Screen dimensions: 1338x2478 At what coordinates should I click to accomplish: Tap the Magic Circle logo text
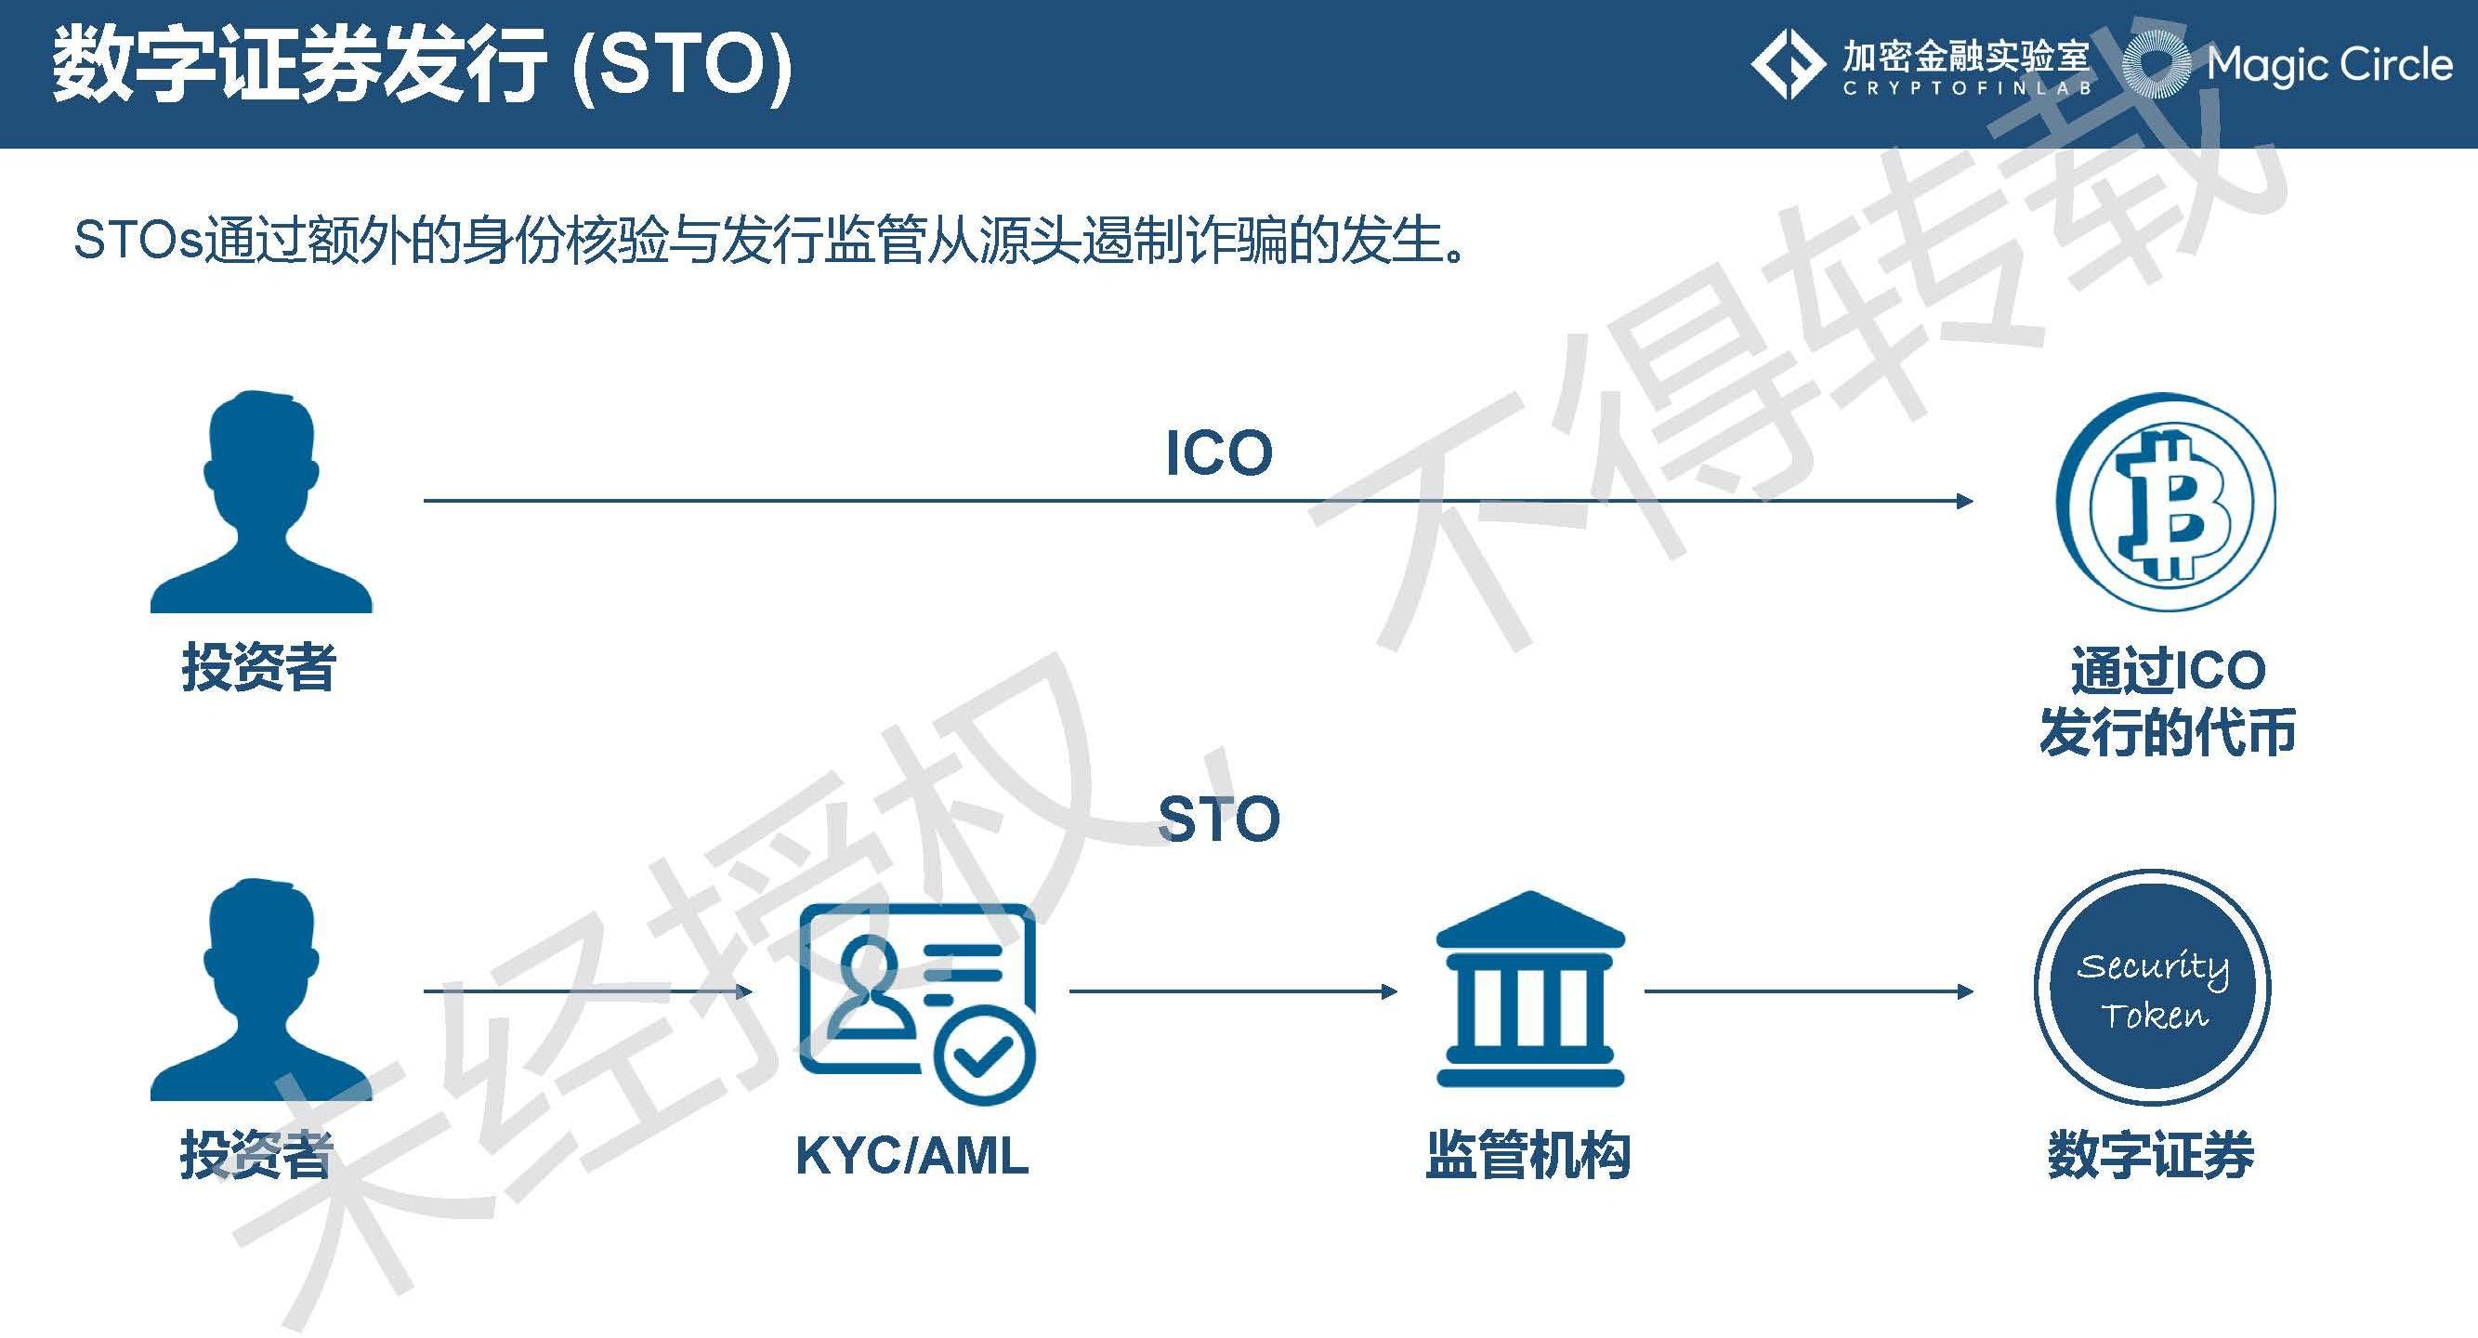pyautogui.click(x=2327, y=65)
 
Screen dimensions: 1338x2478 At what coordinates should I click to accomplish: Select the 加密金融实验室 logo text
pyautogui.click(x=1966, y=58)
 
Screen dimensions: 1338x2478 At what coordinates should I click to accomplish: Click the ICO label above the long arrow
pyautogui.click(x=1218, y=453)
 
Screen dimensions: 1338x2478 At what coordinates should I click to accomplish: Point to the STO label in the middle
pyautogui.click(x=1218, y=820)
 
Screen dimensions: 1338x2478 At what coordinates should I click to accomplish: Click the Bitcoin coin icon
pyautogui.click(x=2167, y=502)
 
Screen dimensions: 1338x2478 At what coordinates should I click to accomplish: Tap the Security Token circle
pyautogui.click(x=2153, y=989)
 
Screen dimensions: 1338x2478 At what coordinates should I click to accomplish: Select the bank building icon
pyautogui.click(x=1529, y=990)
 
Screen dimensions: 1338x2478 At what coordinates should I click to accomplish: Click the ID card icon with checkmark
pyautogui.click(x=916, y=1001)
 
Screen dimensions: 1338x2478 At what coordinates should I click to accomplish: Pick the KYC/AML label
pyautogui.click(x=911, y=1155)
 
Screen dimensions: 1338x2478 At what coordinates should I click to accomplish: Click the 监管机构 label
pyautogui.click(x=1527, y=1155)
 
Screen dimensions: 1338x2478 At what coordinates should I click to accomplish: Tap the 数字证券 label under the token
pyautogui.click(x=2151, y=1155)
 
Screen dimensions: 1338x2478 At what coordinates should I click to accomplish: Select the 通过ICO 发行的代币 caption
pyautogui.click(x=2169, y=702)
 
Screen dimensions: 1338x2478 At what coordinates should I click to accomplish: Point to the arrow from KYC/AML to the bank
pyautogui.click(x=1231, y=990)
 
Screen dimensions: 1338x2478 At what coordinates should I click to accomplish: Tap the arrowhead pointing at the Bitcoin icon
pyautogui.click(x=1964, y=501)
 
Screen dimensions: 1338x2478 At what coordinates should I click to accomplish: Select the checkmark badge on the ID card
pyautogui.click(x=985, y=1058)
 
